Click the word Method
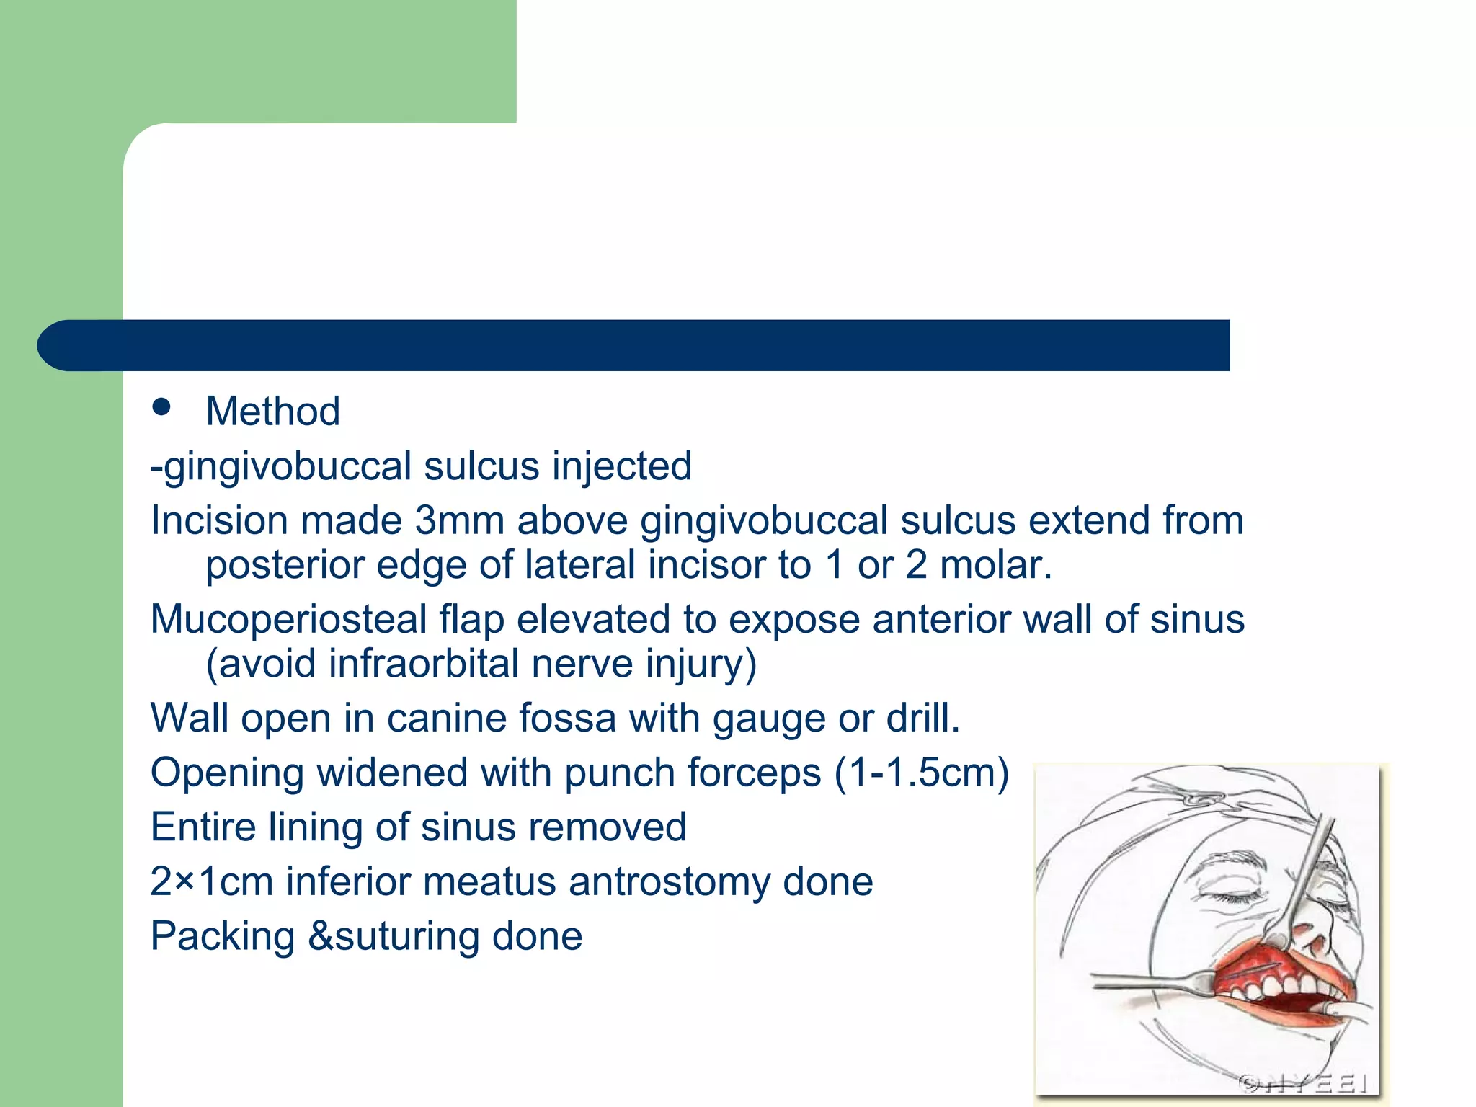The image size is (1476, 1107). point(272,412)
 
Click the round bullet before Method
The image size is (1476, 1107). point(161,407)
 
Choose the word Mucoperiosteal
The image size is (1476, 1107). point(288,619)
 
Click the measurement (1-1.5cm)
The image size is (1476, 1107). point(922,773)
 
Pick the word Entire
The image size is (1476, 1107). point(203,827)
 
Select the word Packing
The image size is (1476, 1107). point(223,936)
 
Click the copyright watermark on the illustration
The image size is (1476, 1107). point(1303,1083)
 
